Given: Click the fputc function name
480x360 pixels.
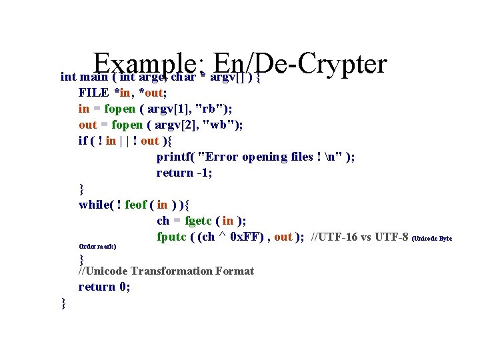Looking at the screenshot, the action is [172, 237].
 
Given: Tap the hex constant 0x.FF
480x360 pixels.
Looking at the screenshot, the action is [249, 237].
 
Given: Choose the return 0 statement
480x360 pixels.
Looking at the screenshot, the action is [104, 287].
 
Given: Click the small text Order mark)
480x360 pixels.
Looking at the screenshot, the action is [97, 246].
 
